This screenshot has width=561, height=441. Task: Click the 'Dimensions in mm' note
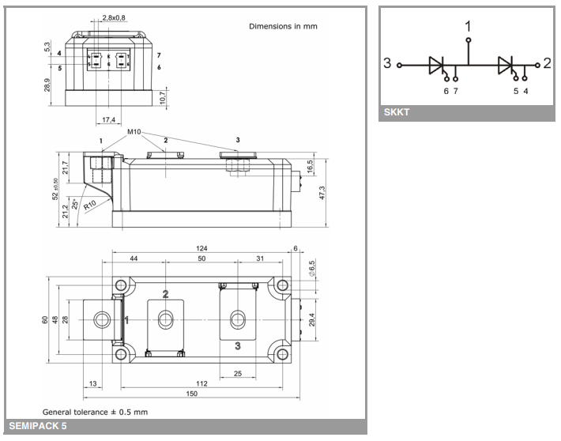283,26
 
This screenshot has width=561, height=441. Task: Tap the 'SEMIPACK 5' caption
38,428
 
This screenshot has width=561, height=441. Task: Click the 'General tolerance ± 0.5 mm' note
95,412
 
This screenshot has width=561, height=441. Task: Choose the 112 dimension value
202,384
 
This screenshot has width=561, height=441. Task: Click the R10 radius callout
90,205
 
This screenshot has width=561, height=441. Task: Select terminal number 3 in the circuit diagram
387,64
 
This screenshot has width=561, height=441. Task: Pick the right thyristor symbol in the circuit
506,66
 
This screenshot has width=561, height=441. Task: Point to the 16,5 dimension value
310,168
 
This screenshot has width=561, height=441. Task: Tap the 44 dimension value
134,259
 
